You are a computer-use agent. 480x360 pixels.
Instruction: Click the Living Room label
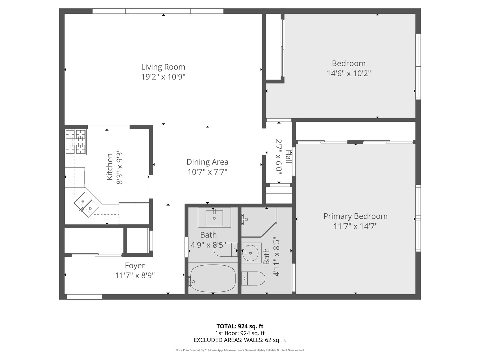(163, 67)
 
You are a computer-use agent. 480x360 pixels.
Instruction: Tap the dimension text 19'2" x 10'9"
(163, 77)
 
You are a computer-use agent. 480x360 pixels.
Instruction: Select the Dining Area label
(207, 162)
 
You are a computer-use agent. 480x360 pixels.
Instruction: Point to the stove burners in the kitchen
(75, 142)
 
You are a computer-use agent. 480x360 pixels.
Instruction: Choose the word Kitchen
(110, 167)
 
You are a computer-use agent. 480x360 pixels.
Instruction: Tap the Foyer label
(135, 266)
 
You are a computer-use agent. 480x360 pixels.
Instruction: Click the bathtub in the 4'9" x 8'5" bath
(213, 278)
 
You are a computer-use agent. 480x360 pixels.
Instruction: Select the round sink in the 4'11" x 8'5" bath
(251, 252)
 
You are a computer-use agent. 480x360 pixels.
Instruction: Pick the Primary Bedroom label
(355, 216)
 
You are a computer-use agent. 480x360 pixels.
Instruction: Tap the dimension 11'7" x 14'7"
(355, 226)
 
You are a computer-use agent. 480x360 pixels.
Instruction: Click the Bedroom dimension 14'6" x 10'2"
(349, 73)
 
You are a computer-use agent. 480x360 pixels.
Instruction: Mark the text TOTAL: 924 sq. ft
(240, 326)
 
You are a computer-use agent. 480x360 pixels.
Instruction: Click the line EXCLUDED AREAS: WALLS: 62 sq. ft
(240, 340)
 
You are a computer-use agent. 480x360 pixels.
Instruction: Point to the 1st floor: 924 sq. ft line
(240, 333)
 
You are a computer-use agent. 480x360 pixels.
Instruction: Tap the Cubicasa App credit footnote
(240, 350)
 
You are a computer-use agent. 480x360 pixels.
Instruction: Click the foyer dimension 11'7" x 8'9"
(135, 276)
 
